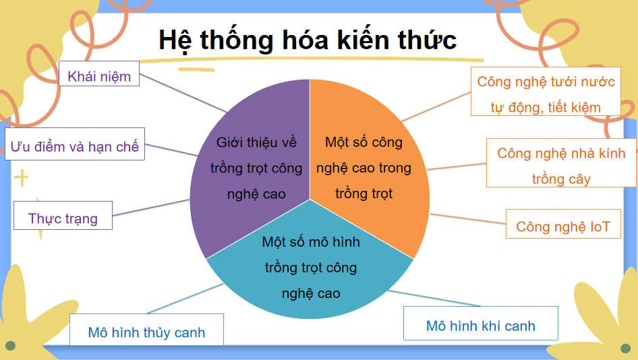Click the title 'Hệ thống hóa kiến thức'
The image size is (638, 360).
coord(308,40)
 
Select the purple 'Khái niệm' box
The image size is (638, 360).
coord(99,76)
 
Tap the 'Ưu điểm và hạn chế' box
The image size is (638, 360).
coord(75,146)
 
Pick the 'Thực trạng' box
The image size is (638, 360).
coord(63,218)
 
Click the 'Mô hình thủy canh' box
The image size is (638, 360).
coord(146,332)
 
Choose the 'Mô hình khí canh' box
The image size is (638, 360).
coord(480,326)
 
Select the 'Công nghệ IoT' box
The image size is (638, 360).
coord(562,226)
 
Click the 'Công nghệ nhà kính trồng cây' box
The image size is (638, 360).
coord(560,166)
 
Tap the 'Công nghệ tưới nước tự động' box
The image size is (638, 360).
coord(546,94)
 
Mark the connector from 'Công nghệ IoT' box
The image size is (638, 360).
coord(469,220)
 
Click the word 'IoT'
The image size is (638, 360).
coord(600,227)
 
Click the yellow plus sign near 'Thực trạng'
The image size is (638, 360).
coord(22,179)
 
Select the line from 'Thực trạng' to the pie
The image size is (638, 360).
coord(150,208)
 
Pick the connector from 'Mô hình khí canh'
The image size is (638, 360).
coord(435,299)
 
